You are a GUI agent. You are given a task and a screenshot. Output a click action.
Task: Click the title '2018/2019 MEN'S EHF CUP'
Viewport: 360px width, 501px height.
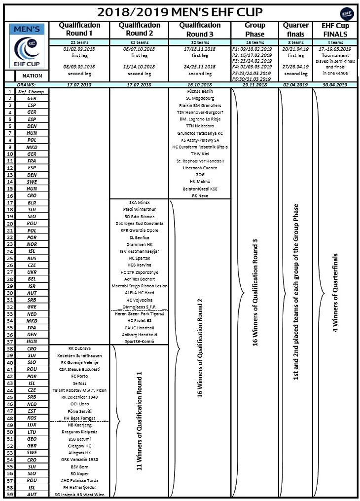click(180, 12)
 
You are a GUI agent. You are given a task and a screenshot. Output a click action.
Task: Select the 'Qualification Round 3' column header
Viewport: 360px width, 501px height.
click(200, 30)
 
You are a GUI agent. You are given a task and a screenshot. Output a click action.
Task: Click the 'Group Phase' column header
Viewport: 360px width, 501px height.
click(254, 30)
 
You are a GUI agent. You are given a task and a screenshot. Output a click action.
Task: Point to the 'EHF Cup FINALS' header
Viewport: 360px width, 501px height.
click(335, 30)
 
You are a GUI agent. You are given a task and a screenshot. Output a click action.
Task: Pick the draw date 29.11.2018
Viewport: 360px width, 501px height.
click(254, 85)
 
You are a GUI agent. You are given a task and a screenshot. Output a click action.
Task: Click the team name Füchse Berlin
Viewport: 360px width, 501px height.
click(200, 91)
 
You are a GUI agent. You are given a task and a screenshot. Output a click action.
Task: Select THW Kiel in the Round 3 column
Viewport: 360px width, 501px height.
click(200, 154)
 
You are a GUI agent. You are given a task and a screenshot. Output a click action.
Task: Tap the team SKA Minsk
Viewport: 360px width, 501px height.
click(139, 202)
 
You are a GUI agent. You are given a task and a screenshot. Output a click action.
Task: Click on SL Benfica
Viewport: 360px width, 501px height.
click(139, 237)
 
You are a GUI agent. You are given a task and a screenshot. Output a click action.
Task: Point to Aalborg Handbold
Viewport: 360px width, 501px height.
click(139, 335)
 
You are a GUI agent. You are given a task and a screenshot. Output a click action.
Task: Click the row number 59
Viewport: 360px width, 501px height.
click(9, 495)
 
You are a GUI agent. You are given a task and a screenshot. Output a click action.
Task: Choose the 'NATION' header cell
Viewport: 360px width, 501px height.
click(32, 76)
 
